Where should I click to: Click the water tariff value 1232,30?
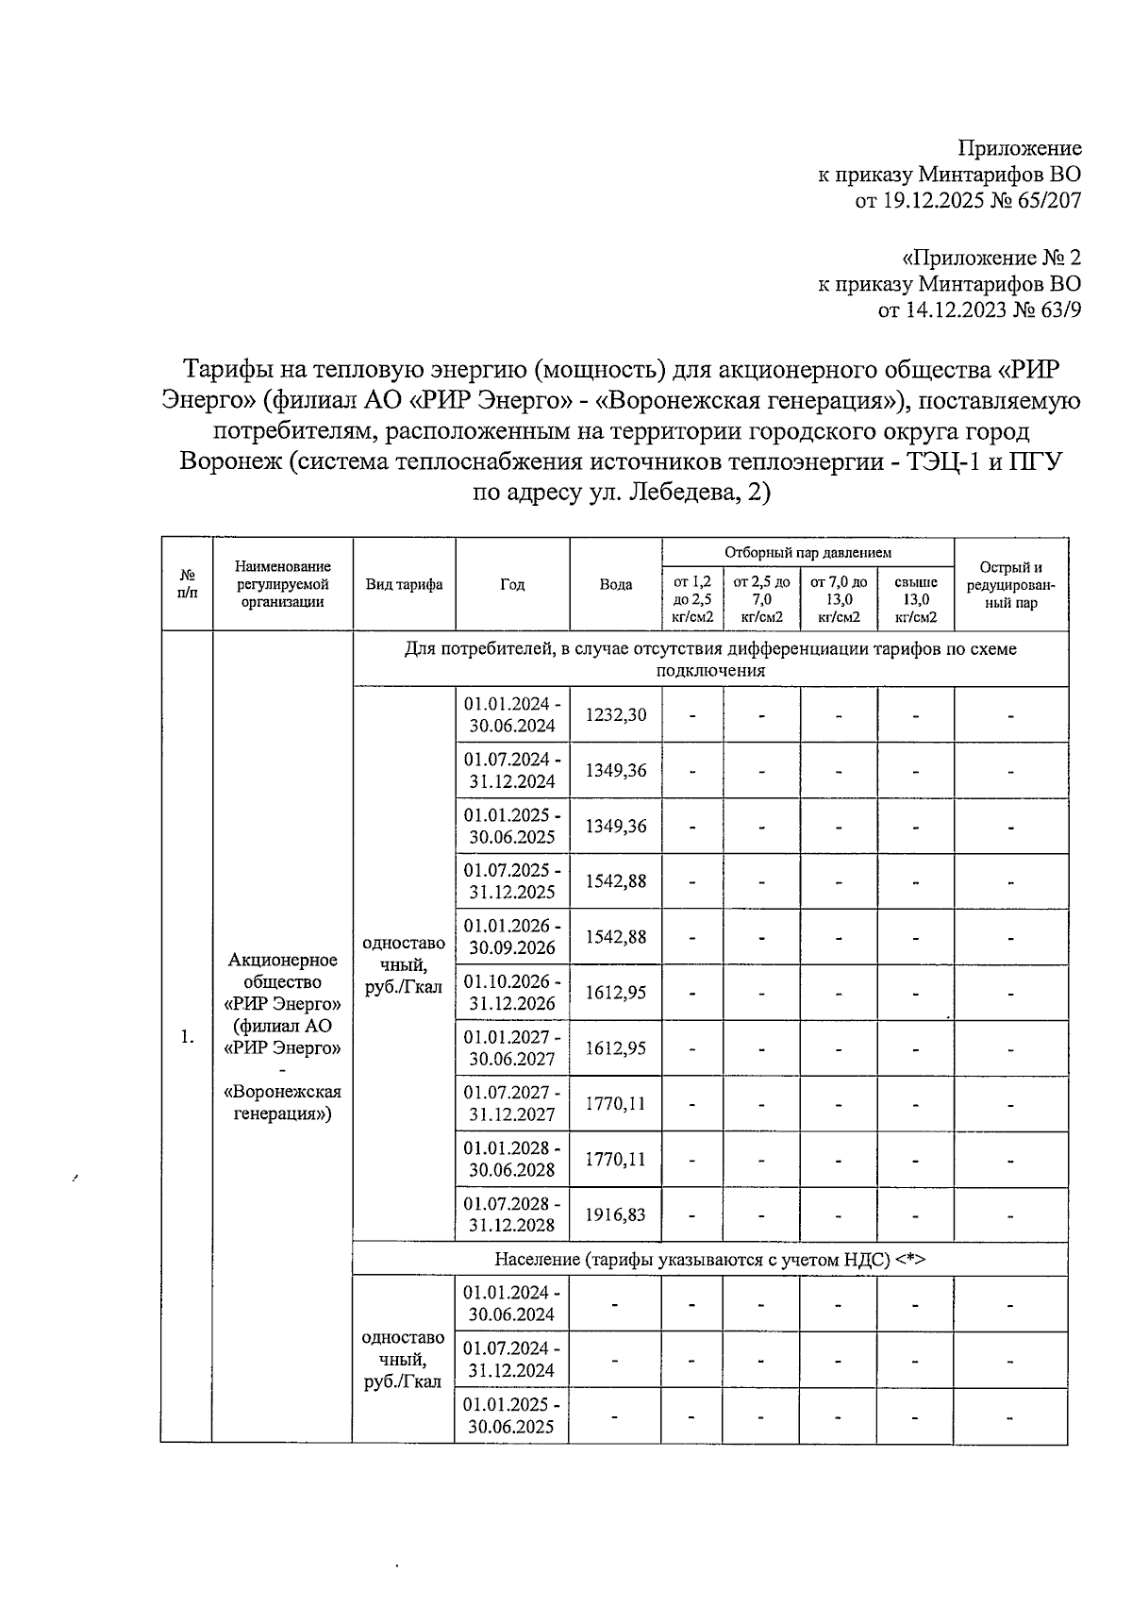tap(616, 714)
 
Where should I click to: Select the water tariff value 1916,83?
tap(616, 1214)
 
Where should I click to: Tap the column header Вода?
tap(616, 584)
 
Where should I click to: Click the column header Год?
tap(512, 584)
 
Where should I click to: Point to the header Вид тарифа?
tap(405, 584)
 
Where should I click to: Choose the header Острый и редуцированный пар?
tap(1010, 584)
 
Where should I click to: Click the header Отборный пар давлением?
tap(807, 552)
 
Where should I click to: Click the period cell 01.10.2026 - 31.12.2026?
tap(512, 992)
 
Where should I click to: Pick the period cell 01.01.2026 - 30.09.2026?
tap(512, 936)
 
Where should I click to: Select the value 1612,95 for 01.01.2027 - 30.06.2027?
tap(616, 1047)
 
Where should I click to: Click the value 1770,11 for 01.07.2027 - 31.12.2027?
tap(616, 1103)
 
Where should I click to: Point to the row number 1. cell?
tap(187, 1037)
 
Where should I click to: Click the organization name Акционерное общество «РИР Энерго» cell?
tap(282, 1036)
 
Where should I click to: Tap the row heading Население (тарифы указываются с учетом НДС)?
tap(709, 1259)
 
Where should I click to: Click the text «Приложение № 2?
tap(991, 258)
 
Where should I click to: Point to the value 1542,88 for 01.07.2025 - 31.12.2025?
tap(616, 881)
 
